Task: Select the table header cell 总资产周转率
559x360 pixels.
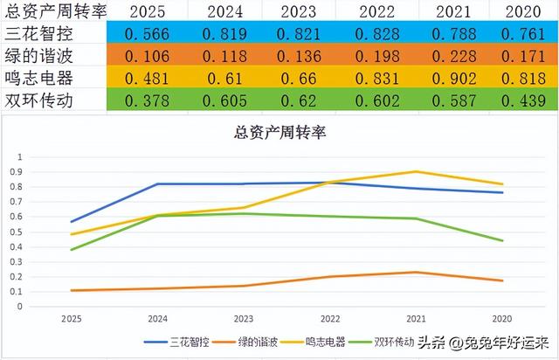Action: pos(54,12)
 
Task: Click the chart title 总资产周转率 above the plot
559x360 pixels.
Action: pos(279,134)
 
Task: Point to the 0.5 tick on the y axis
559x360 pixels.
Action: pos(18,231)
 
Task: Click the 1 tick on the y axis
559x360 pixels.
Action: pos(20,156)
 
